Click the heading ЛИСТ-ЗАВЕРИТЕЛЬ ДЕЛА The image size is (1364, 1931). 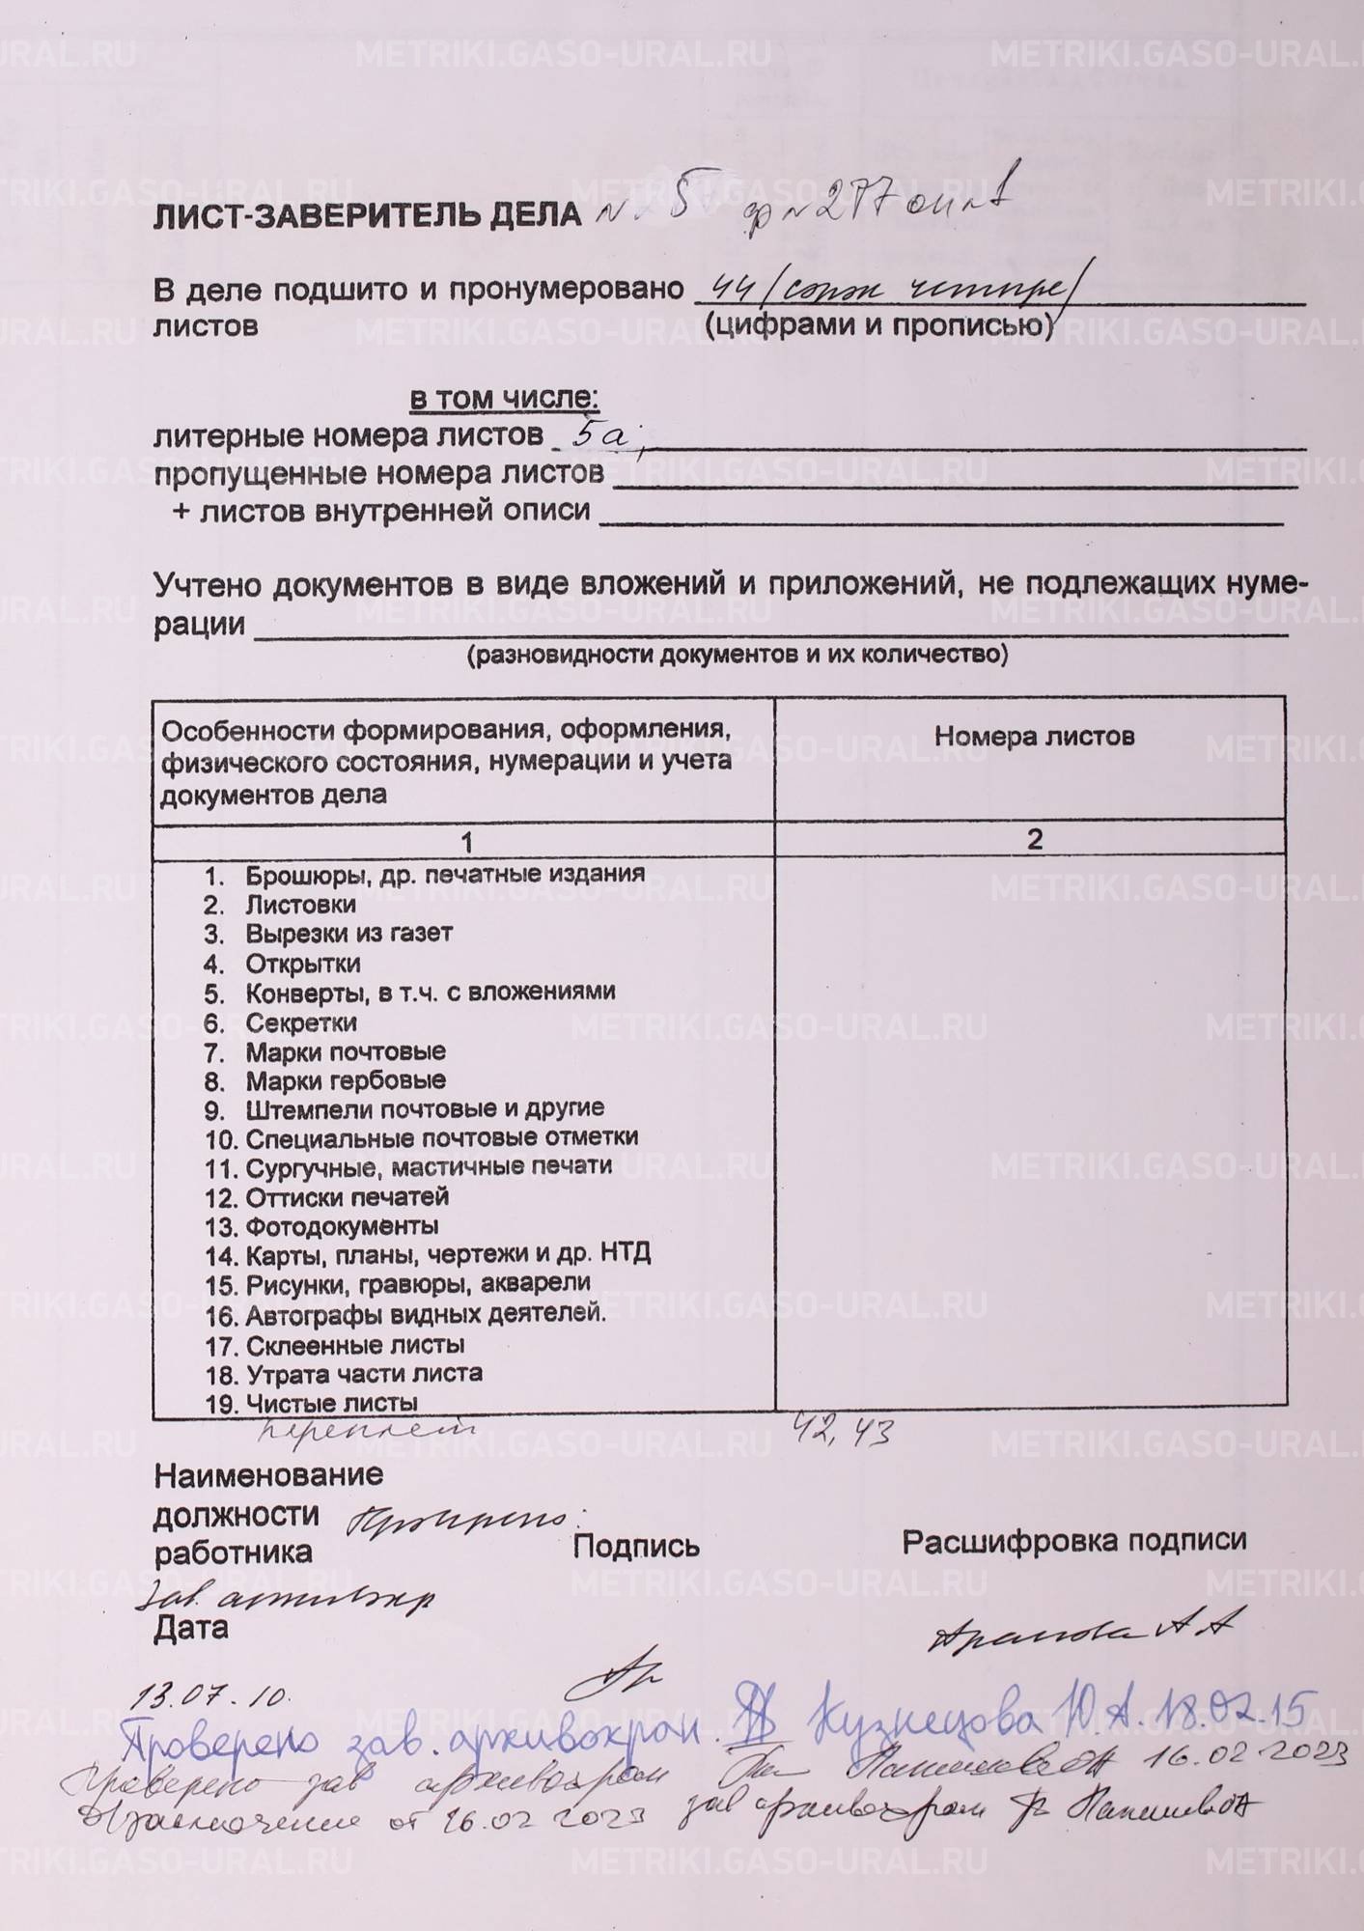(x=367, y=215)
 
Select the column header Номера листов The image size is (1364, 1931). (x=1033, y=737)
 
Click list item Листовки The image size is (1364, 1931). (x=300, y=905)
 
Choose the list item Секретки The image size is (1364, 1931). (x=301, y=1021)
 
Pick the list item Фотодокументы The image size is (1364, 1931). (x=342, y=1226)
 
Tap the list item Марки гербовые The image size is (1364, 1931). (x=345, y=1080)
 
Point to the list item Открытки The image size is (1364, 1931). (x=303, y=964)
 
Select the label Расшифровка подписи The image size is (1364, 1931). (x=1073, y=1540)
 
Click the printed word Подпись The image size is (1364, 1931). (x=636, y=1547)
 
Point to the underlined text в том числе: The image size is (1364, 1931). (x=504, y=398)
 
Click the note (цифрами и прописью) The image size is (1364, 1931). (x=878, y=325)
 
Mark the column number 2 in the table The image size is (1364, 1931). (x=1034, y=839)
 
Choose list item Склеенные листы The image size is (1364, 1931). (x=354, y=1344)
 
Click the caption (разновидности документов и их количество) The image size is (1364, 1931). (x=737, y=657)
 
